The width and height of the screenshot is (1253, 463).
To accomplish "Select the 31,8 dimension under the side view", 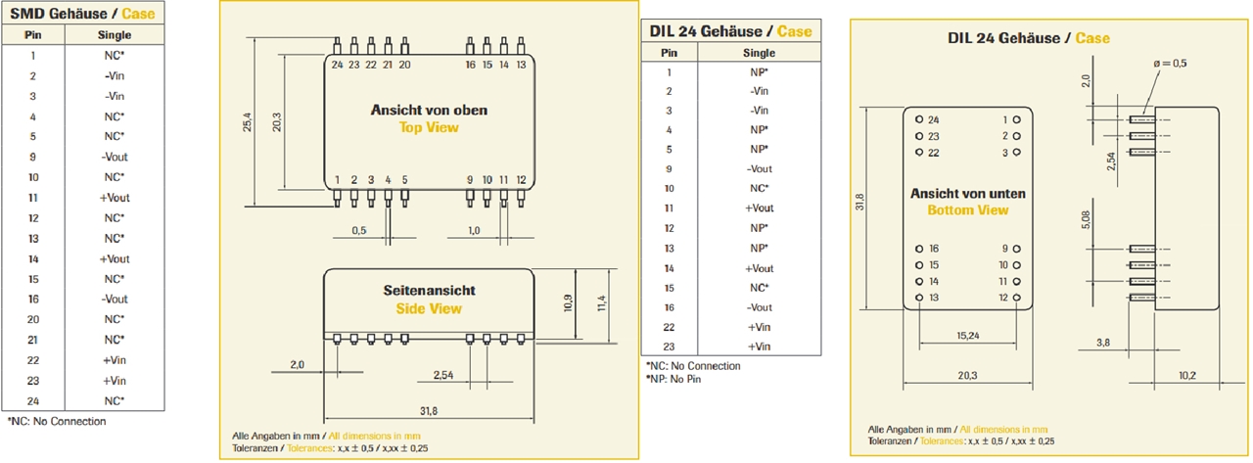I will tap(428, 410).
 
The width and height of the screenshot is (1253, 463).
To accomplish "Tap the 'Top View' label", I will tap(429, 127).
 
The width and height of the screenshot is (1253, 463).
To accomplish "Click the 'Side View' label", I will tap(429, 309).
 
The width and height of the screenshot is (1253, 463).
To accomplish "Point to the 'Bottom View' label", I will tap(968, 210).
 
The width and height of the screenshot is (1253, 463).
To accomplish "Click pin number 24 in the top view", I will tap(337, 65).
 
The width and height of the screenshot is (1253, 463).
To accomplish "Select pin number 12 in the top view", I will tap(521, 180).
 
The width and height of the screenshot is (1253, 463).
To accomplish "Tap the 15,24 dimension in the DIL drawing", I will tap(968, 335).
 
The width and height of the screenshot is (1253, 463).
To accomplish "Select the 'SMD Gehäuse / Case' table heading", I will tap(81, 14).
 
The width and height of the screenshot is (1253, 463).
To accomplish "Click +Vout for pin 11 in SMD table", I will tap(115, 198).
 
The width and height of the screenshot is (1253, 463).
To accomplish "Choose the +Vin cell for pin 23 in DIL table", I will tap(759, 347).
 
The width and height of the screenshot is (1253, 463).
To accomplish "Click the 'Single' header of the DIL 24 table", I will tap(759, 53).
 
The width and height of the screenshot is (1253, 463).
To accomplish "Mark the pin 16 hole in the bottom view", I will tap(919, 249).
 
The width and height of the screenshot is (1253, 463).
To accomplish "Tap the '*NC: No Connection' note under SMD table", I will tap(56, 421).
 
